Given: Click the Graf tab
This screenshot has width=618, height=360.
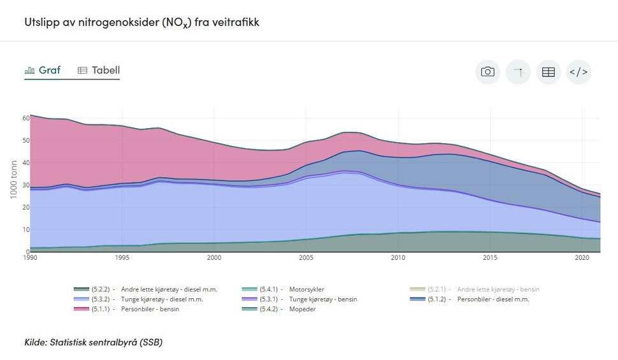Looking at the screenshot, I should tap(43, 70).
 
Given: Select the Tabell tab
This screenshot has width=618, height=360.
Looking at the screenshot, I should tap(99, 70).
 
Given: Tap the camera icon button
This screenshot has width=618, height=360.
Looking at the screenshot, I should tap(487, 72).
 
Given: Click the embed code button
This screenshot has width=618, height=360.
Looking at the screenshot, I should tap(578, 72).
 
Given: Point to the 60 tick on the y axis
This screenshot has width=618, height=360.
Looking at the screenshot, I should tap(25, 118).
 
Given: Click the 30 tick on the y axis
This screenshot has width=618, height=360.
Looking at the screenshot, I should tap(25, 185).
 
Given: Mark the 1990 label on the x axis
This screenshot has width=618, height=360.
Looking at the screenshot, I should tap(31, 258).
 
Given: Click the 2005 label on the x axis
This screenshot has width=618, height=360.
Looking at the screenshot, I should tap(306, 258).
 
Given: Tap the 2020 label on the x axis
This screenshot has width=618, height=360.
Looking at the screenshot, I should tap(582, 258).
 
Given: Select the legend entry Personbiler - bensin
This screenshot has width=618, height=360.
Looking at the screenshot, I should tap(150, 309).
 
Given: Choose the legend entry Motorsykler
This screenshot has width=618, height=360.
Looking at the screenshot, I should tap(306, 289).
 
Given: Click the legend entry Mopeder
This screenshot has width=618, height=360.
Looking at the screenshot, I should tap(303, 309).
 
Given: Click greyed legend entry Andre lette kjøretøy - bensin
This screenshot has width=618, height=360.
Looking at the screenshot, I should tap(498, 289).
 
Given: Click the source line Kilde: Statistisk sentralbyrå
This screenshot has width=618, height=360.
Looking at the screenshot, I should tap(94, 342).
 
